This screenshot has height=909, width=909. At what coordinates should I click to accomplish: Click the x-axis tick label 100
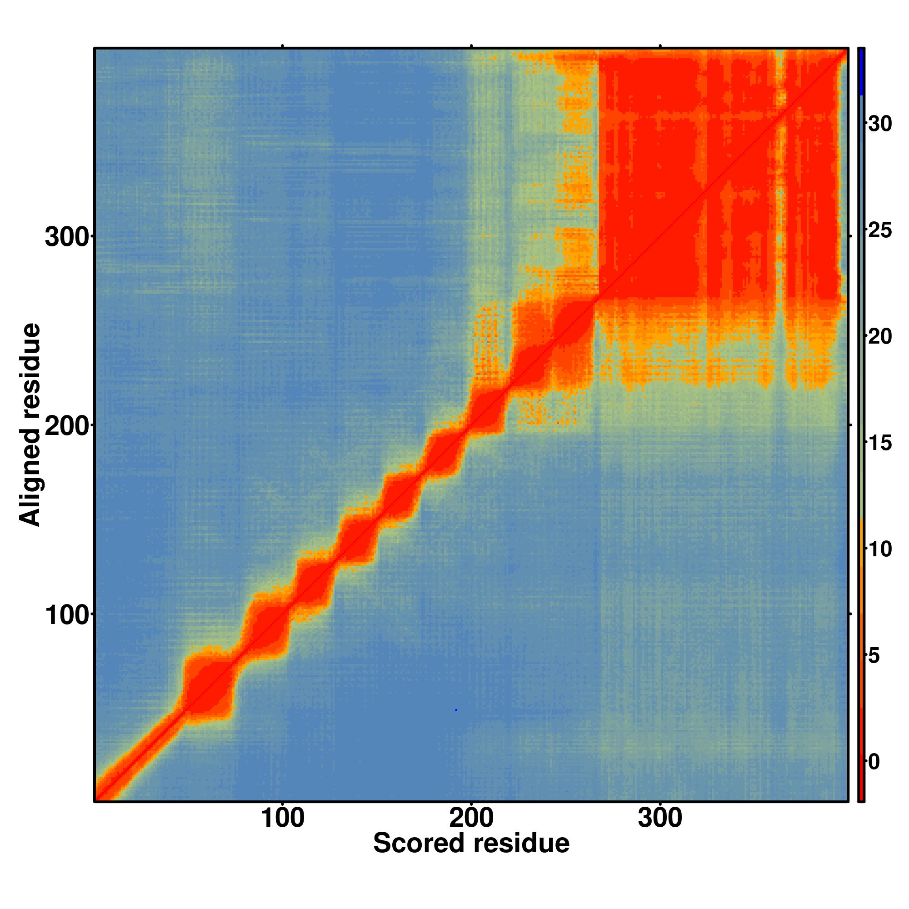282,818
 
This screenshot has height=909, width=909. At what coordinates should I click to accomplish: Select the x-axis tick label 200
471,818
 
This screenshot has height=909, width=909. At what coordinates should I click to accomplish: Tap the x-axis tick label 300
660,818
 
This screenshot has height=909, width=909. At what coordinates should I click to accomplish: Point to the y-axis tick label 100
67,616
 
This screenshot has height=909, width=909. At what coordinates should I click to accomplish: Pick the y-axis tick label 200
67,427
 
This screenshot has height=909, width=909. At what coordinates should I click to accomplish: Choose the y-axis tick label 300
67,238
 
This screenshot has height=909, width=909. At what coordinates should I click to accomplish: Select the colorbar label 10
879,549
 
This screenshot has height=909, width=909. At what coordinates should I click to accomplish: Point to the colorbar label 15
879,443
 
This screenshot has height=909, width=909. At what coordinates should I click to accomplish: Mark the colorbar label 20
879,337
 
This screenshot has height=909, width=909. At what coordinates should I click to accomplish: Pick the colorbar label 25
879,230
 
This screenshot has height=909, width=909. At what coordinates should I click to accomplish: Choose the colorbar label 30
879,124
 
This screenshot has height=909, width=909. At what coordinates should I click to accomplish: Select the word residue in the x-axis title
521,843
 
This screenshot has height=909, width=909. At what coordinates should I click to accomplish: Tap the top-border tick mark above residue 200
471,45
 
